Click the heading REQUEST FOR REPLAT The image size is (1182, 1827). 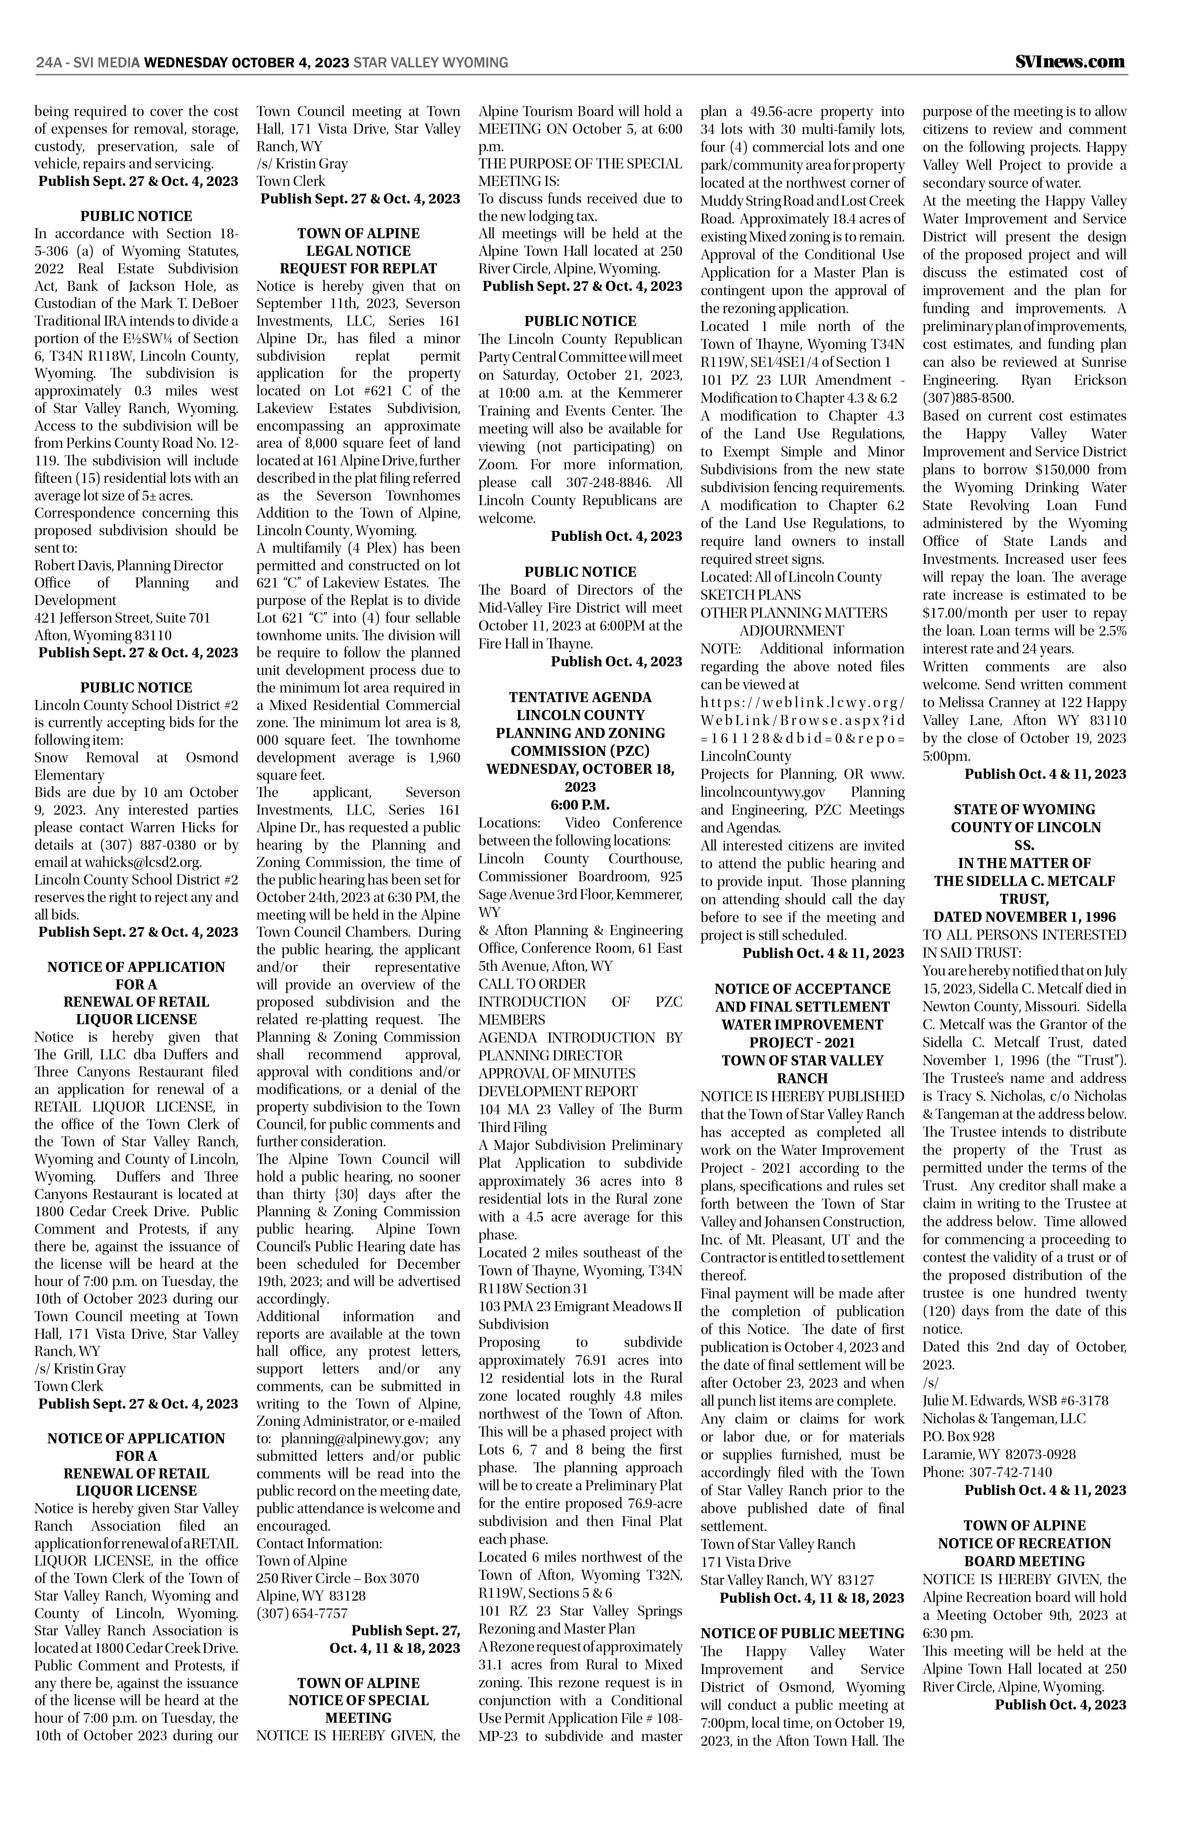click(359, 269)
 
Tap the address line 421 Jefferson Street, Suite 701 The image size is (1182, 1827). click(123, 618)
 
